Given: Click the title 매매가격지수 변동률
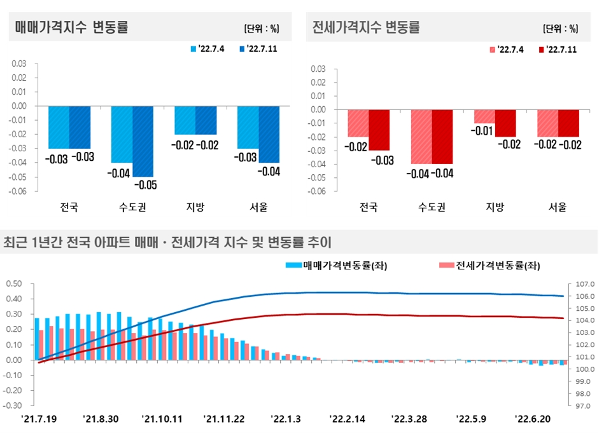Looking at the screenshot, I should click(x=71, y=27).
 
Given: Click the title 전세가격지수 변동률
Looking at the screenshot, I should click(x=366, y=27).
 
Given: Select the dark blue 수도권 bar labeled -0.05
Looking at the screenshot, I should click(x=143, y=141).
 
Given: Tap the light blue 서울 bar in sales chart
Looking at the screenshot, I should click(x=248, y=127).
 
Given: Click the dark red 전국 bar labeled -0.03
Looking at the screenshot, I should click(x=379, y=130).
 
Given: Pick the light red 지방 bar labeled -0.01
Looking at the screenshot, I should click(x=484, y=116).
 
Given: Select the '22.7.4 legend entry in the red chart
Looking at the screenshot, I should click(x=507, y=50).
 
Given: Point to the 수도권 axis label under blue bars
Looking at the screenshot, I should click(x=132, y=207).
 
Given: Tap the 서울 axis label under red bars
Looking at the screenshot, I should click(x=558, y=207).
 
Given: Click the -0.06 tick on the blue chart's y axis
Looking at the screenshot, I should click(x=20, y=191).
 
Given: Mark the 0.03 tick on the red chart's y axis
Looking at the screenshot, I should click(x=318, y=69).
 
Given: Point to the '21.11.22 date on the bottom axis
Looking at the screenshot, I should click(x=223, y=419).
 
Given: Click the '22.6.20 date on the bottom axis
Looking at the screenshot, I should click(x=532, y=419).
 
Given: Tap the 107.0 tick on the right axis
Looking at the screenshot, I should click(x=585, y=283).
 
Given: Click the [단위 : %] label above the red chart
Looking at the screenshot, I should click(x=560, y=29).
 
